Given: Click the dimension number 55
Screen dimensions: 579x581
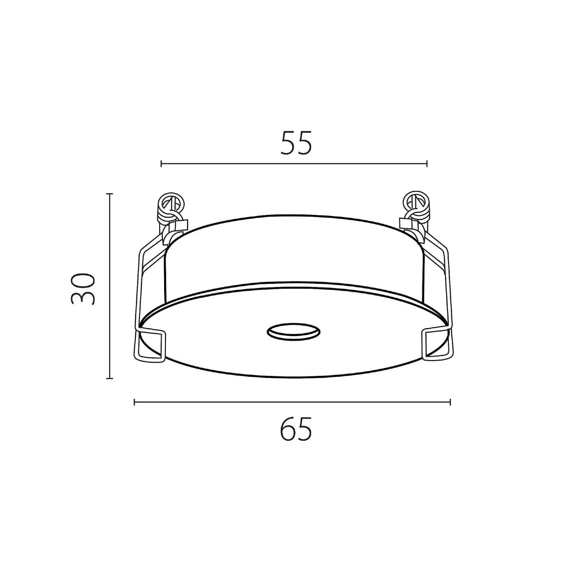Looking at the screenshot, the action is (x=296, y=143).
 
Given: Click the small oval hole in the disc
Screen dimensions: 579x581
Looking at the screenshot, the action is (x=293, y=332).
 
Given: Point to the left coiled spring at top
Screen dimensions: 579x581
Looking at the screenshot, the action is (x=170, y=208).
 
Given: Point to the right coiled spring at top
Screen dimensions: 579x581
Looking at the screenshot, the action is (x=417, y=207).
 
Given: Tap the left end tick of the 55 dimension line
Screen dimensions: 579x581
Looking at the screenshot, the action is (x=162, y=164).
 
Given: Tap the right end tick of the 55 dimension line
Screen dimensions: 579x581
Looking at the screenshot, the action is (x=427, y=164).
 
